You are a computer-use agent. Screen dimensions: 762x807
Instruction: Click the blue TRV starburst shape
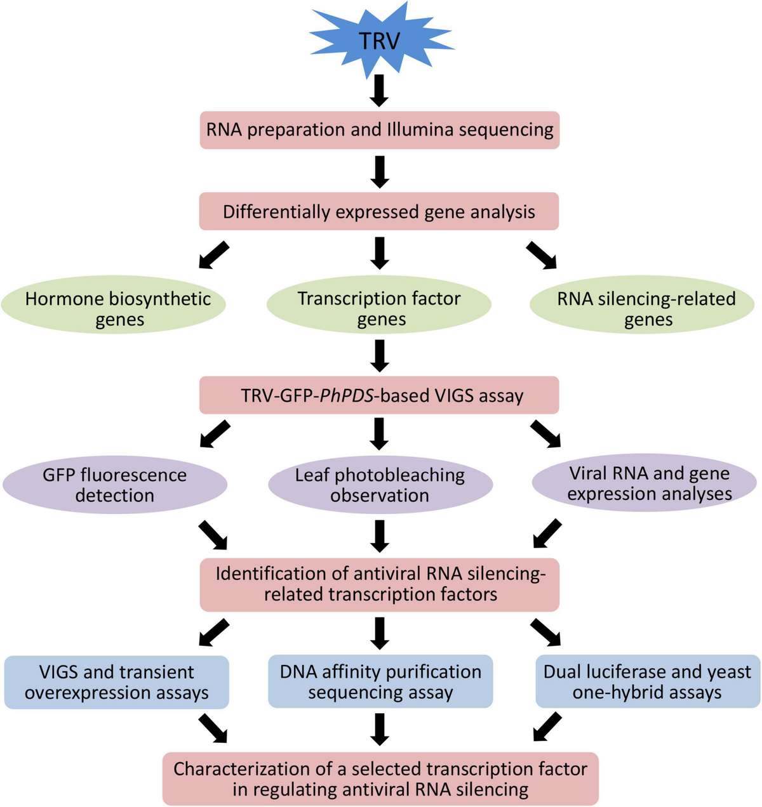tap(380, 41)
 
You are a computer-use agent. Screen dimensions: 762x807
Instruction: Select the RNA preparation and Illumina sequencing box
tap(380, 130)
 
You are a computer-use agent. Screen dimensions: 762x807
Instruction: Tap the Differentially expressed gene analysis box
tap(378, 211)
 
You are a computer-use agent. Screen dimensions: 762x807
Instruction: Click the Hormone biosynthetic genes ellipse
tap(114, 305)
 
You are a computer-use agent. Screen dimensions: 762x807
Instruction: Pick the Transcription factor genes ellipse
tap(379, 305)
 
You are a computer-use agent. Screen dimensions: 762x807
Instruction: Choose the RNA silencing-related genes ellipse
tap(642, 305)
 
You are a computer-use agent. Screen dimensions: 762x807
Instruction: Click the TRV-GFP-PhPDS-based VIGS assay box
tap(379, 395)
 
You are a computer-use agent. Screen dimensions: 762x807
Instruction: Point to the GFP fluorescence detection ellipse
tap(115, 485)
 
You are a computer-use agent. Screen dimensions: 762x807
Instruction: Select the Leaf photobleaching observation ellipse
tap(380, 485)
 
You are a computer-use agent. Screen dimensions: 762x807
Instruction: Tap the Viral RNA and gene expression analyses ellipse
tap(645, 483)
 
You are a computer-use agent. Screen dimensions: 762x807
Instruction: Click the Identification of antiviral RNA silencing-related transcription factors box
tap(380, 585)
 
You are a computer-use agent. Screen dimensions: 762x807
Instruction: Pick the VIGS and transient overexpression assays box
tap(117, 682)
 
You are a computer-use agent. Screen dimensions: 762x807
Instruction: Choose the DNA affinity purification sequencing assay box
tap(380, 681)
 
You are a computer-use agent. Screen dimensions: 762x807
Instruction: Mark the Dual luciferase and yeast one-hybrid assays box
tap(648, 681)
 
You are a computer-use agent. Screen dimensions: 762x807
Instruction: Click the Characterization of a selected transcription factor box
tap(380, 779)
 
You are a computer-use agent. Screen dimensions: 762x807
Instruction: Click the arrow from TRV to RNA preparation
tap(379, 91)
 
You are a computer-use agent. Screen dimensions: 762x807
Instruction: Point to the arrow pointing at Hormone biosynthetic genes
tap(214, 255)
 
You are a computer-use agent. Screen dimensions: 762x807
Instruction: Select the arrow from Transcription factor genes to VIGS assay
tap(379, 356)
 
